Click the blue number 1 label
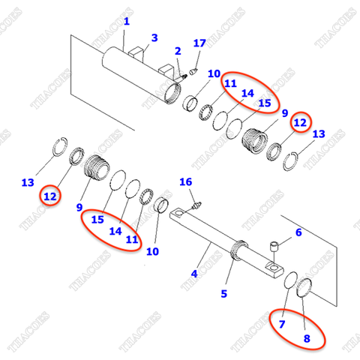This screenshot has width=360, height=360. click(x=126, y=22)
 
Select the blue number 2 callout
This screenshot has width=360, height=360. click(x=178, y=51)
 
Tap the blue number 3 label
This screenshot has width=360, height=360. click(x=154, y=38)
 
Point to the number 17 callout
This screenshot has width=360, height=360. click(x=199, y=43)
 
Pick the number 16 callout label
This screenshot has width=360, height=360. click(x=185, y=182)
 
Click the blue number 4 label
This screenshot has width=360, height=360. click(x=194, y=274)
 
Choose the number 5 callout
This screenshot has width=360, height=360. click(x=224, y=293)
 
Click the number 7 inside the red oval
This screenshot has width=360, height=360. click(x=282, y=325)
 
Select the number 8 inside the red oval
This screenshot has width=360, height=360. click(x=306, y=337)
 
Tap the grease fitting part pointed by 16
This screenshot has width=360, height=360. click(x=197, y=203)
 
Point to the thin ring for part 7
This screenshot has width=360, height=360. click(x=292, y=283)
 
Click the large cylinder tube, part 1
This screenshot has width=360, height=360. click(x=139, y=71)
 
